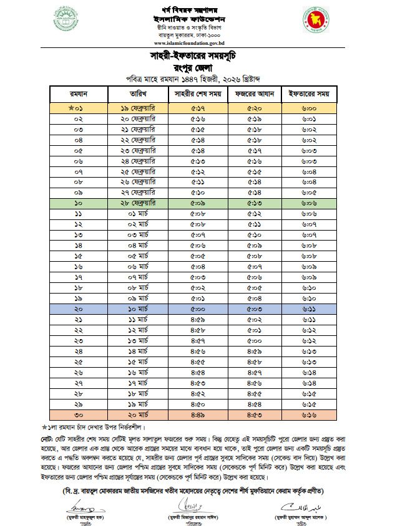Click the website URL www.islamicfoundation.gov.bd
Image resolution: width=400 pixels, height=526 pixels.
[x=199, y=44]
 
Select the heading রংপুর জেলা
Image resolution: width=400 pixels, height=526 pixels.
[x=200, y=67]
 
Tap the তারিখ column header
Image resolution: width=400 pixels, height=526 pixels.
[x=137, y=93]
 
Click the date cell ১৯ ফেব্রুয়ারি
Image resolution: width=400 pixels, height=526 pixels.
[x=137, y=108]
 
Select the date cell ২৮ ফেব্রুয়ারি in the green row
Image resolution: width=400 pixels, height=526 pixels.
[x=137, y=204]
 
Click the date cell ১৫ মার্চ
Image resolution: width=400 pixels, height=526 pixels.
[x=137, y=361]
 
